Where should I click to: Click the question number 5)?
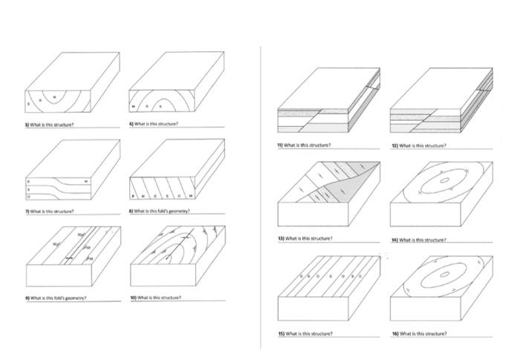[x=27, y=125]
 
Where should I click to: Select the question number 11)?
[x=281, y=145]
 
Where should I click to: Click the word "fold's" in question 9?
[x=62, y=298]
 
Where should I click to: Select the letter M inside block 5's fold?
[x=54, y=97]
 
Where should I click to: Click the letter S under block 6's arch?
[x=158, y=106]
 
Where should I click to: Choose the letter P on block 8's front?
[x=132, y=196]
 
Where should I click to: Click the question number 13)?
[x=281, y=238]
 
